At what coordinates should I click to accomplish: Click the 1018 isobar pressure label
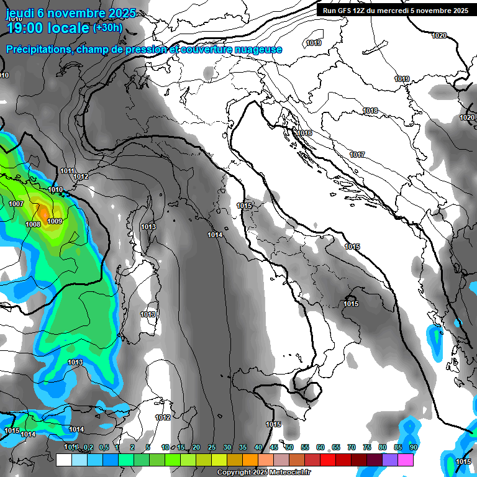click(371, 111)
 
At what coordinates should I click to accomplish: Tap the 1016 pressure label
click(304, 134)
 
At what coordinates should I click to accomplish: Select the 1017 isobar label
click(357, 155)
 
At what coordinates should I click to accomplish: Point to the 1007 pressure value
click(16, 204)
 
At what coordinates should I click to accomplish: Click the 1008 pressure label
click(33, 224)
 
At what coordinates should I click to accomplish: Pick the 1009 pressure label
click(55, 221)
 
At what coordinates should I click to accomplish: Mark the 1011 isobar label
click(68, 171)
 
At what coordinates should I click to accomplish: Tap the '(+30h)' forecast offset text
click(107, 27)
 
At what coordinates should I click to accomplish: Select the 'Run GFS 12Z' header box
click(393, 11)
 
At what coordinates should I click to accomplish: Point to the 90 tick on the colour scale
click(413, 447)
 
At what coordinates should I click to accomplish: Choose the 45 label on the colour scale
click(274, 447)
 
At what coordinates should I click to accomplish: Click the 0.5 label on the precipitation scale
click(103, 447)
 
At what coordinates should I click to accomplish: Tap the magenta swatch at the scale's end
click(406, 460)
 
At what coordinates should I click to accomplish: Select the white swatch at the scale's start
click(63, 460)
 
